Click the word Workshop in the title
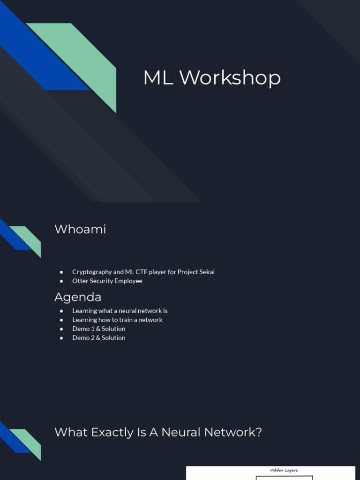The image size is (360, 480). click(230, 78)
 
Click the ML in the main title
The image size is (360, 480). click(158, 78)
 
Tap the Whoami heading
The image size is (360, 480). click(80, 229)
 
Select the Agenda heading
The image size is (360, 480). click(78, 297)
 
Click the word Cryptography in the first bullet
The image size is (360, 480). click(92, 272)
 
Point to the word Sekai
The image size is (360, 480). click(206, 272)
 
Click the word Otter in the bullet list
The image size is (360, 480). click(80, 281)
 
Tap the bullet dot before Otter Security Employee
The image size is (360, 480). click(61, 281)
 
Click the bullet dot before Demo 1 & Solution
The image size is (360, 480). click(61, 329)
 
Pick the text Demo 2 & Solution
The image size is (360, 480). click(99, 337)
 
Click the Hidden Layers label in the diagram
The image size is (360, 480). click(284, 470)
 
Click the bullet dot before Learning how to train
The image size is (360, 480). click(61, 320)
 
